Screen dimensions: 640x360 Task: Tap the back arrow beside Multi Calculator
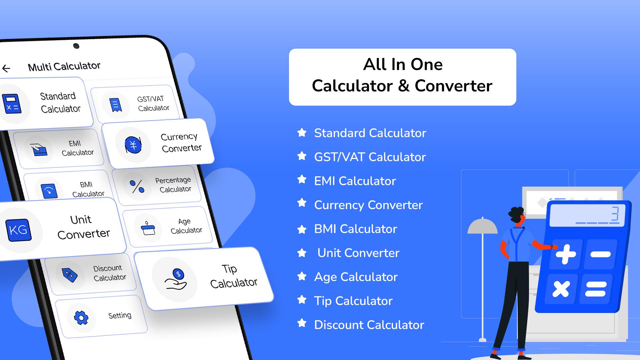click(6, 69)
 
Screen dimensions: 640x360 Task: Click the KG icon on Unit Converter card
click(18, 230)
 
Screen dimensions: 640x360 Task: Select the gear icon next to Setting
click(81, 318)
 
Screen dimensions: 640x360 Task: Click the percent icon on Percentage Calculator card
click(137, 187)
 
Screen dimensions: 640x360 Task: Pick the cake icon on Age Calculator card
click(148, 228)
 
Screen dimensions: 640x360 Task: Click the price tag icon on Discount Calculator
click(70, 275)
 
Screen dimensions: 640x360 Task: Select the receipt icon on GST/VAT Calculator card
click(115, 105)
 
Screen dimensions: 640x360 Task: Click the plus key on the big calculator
click(566, 254)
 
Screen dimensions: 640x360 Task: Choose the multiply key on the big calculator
click(561, 289)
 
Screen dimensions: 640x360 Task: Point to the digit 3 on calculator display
click(615, 214)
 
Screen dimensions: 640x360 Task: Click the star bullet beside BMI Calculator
click(302, 229)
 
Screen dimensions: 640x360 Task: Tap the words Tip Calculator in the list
click(353, 301)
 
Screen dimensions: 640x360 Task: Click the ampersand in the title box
click(403, 86)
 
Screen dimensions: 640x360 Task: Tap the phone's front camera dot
click(76, 46)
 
